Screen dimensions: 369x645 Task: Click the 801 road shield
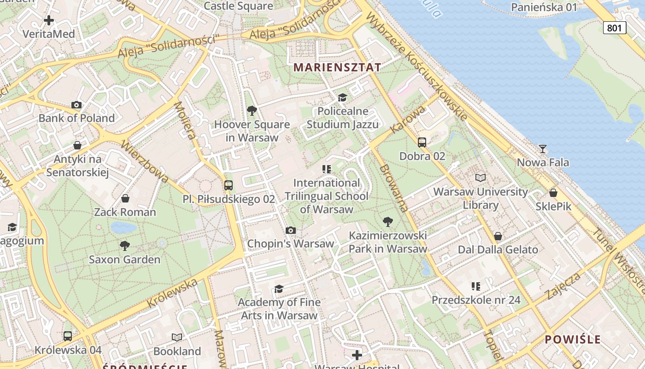[x=615, y=28]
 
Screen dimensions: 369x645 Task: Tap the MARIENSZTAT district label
[x=337, y=67]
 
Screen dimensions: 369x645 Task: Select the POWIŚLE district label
[x=573, y=339]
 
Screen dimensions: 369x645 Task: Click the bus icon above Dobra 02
[x=422, y=142]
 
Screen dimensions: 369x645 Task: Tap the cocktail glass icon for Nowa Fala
[x=543, y=149]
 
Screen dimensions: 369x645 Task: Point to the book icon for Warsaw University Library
[x=481, y=178]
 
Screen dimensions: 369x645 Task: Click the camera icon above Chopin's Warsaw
[x=291, y=230]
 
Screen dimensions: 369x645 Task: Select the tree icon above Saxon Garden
[x=124, y=245]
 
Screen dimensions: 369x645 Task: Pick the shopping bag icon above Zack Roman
[x=125, y=198]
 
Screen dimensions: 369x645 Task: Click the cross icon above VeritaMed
[x=49, y=20]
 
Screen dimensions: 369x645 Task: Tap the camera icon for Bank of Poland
[x=76, y=105]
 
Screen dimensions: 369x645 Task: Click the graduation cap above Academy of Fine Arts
[x=279, y=289]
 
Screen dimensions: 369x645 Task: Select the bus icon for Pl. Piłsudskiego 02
[x=229, y=185]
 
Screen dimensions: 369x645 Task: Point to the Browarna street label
[x=394, y=188]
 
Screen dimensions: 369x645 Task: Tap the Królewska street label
[x=172, y=293]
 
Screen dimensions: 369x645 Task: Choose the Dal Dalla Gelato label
[x=498, y=250]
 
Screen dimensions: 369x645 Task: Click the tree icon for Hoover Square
[x=252, y=111]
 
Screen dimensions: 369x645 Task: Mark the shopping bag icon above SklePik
[x=553, y=193]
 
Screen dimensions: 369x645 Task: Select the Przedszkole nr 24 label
[x=476, y=300]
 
